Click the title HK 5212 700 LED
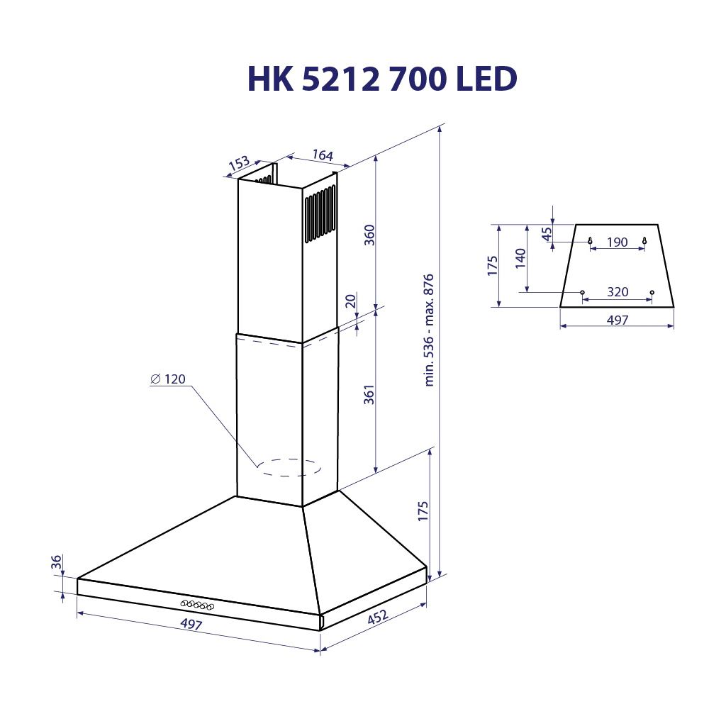point(381,79)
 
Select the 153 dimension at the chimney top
point(239,163)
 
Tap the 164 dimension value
point(322,155)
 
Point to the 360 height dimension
point(369,234)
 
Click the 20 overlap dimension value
point(350,302)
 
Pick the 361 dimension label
point(369,395)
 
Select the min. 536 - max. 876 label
point(428,330)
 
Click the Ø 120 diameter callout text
point(168,379)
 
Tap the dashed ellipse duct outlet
point(289,467)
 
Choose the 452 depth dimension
point(376,618)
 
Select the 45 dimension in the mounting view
point(546,234)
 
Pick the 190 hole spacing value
point(617,242)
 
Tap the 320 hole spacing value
point(618,292)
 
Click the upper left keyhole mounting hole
point(590,241)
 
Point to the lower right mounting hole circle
point(651,292)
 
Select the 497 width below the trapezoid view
point(618,320)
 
